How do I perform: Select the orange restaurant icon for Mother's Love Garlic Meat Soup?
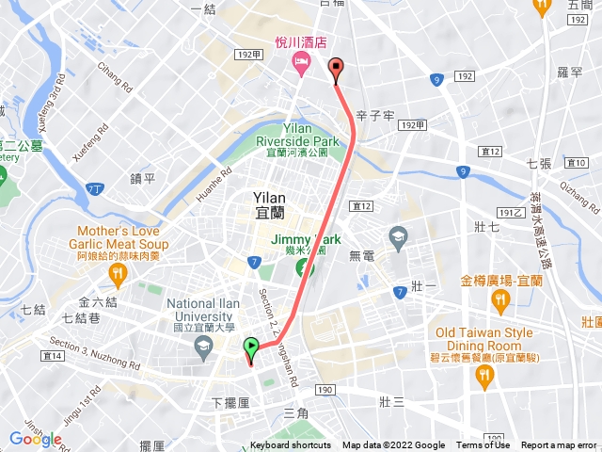pos(117,275)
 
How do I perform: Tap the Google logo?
pos(36,439)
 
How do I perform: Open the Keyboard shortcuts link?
pos(291,445)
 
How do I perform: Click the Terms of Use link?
pos(483,445)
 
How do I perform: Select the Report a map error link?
pos(559,445)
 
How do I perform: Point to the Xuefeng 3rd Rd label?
pos(54,93)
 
